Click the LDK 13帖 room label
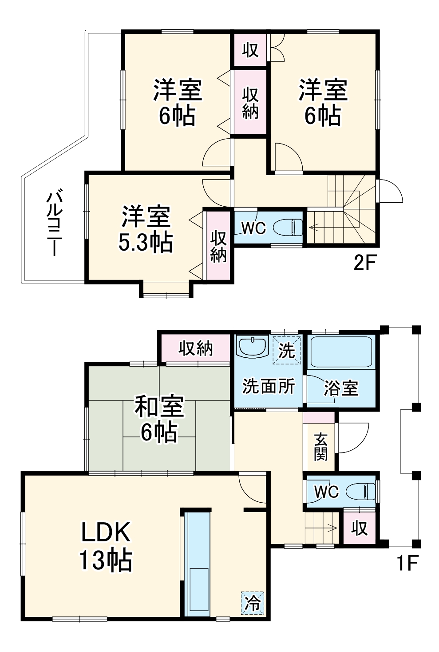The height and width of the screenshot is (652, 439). pyautogui.click(x=106, y=546)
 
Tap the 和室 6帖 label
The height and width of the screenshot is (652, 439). pyautogui.click(x=159, y=419)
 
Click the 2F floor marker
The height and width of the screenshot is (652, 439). pyautogui.click(x=364, y=263)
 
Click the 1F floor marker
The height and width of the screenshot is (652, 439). pyautogui.click(x=407, y=563)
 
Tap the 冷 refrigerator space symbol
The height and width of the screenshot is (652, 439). pyautogui.click(x=253, y=603)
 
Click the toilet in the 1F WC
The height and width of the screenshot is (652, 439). pyautogui.click(x=360, y=492)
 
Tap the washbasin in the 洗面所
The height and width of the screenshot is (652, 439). pyautogui.click(x=252, y=346)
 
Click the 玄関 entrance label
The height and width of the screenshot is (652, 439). pyautogui.click(x=320, y=447)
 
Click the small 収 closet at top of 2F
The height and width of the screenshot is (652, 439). pyautogui.click(x=250, y=49)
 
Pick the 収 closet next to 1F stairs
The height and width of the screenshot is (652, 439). pyautogui.click(x=359, y=528)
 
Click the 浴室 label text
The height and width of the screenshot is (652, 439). pyautogui.click(x=341, y=388)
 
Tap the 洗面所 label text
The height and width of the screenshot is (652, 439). pyautogui.click(x=268, y=386)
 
